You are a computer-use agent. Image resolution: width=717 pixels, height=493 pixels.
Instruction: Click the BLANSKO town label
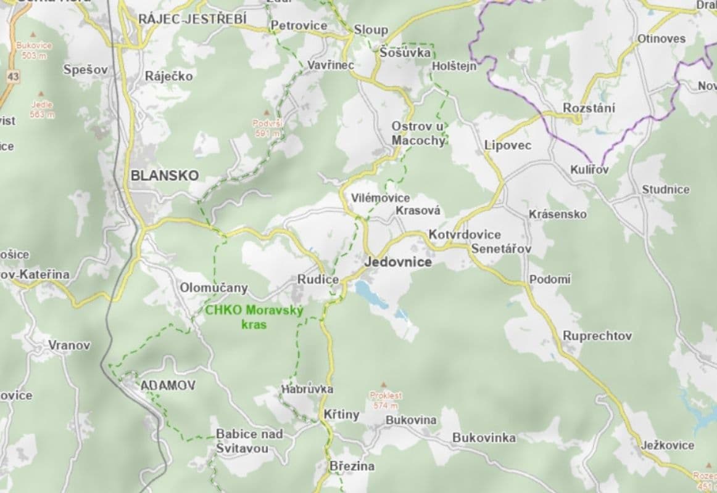164,176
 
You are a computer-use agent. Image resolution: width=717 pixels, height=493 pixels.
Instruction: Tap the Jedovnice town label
398,262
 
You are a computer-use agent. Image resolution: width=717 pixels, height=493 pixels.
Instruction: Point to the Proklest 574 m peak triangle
386,384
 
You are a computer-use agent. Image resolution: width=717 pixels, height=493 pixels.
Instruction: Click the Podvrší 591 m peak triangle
267,113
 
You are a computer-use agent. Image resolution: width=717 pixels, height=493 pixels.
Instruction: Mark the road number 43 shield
14,76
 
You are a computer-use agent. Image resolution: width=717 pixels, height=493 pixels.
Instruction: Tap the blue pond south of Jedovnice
370,295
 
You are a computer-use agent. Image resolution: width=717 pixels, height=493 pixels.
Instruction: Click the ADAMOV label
168,385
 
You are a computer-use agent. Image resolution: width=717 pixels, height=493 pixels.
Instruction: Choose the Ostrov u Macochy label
418,133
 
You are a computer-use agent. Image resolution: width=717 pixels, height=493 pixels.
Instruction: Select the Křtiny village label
341,415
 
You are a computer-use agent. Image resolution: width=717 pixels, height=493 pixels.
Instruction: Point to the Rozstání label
589,108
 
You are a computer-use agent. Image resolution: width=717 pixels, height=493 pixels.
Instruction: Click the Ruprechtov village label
597,336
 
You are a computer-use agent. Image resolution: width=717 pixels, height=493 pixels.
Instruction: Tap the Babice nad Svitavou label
249,441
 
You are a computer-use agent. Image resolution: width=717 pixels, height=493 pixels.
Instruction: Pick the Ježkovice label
667,445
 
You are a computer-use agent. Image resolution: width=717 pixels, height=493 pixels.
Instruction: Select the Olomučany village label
213,288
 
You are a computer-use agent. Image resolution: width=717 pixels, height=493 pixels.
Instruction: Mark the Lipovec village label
508,146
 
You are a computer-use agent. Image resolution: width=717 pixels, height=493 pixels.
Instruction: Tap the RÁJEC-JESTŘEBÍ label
192,20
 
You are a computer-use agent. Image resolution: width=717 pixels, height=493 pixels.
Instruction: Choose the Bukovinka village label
484,438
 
